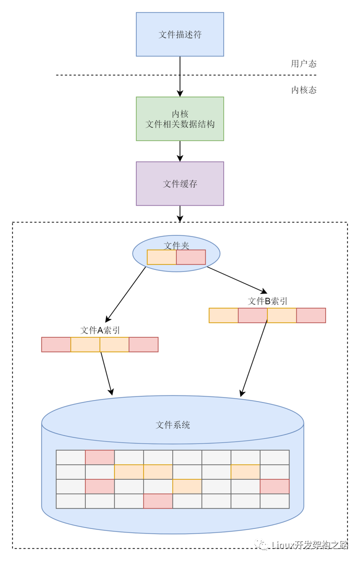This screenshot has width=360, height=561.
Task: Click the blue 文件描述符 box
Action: coord(179,34)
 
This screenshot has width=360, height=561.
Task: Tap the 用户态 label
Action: coord(303,63)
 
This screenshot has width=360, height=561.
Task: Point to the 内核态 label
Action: coord(304,90)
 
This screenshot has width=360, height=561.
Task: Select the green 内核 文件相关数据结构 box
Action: coord(179,119)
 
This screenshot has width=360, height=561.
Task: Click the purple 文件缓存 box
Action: coord(179,183)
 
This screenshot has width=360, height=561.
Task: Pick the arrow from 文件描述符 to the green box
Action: coord(180,76)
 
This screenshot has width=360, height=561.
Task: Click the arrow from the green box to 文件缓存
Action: coord(180,151)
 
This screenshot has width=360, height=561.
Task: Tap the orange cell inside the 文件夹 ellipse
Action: coord(161,257)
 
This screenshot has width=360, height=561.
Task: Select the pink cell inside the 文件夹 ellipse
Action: coord(191,257)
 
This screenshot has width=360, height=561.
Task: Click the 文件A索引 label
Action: coord(100,330)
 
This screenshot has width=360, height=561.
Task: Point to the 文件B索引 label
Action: coord(267,301)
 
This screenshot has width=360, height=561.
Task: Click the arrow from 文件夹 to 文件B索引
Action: coord(237,280)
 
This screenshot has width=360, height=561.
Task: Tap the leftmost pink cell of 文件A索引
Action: coord(56,344)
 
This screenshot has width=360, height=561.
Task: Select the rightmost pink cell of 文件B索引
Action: coord(311,315)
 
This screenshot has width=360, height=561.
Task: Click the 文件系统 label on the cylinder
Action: coord(172,425)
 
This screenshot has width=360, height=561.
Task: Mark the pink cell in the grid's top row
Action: coord(100,457)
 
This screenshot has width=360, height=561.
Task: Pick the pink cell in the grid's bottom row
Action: coord(158,501)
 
